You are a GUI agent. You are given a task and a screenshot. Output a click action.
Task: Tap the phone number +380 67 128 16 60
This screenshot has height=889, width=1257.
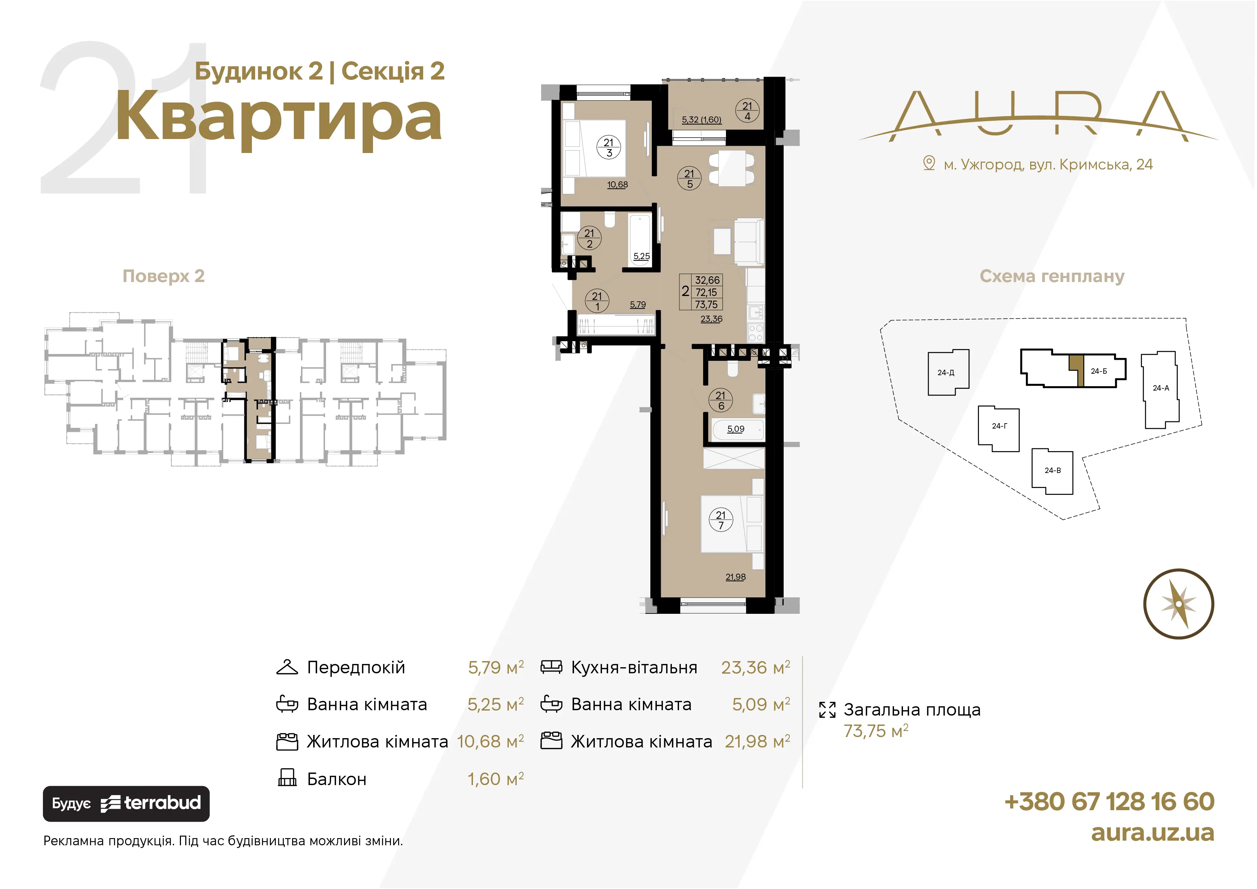[x=1109, y=802]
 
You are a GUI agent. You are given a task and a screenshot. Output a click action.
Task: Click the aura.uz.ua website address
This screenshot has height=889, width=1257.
[x=1152, y=832]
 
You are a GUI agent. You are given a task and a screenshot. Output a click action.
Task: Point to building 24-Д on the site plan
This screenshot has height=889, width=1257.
[x=948, y=372]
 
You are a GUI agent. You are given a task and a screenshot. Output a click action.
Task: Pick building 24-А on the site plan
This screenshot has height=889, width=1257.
[x=1160, y=389]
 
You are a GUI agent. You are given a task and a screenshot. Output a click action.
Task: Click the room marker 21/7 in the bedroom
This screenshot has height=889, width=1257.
[x=721, y=520]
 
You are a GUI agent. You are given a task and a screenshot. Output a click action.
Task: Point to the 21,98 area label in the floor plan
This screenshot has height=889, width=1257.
[x=735, y=577]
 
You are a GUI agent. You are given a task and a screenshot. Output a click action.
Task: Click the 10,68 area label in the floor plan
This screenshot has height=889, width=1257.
[x=617, y=185]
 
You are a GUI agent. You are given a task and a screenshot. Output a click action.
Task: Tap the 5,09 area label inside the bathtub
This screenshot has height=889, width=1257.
[x=735, y=429]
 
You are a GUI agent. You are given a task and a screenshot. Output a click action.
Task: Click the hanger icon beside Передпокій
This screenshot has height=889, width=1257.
[x=287, y=667]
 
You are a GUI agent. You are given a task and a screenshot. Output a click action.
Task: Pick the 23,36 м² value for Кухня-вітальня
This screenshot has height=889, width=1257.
[x=755, y=667]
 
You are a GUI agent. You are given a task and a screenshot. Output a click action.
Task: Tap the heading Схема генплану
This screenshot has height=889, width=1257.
[x=1052, y=276]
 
